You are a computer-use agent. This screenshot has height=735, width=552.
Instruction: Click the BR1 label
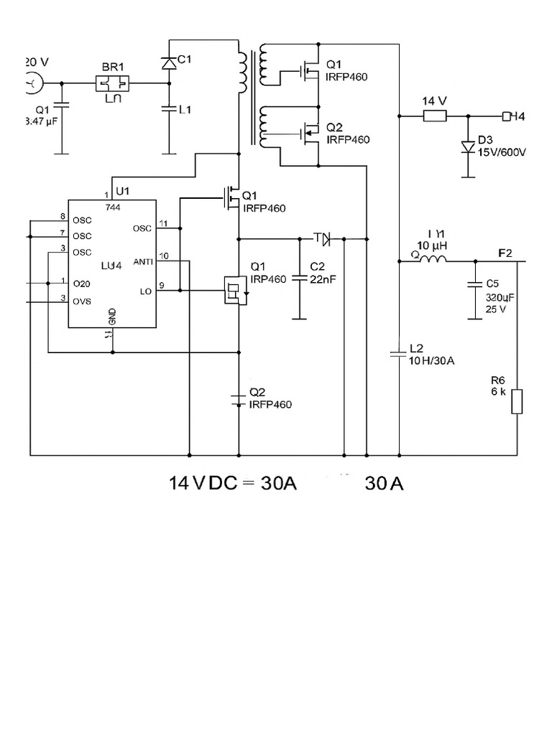(x=113, y=66)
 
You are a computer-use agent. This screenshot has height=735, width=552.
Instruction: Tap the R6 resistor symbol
(x=517, y=401)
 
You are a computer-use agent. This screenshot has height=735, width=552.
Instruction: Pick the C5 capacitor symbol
(x=474, y=284)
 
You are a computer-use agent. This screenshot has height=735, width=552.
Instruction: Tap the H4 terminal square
(x=506, y=116)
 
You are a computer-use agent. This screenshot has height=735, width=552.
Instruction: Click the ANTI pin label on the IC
(x=143, y=262)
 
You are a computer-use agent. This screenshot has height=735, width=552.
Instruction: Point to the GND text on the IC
(x=112, y=316)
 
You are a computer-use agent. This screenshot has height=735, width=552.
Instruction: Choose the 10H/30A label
(x=431, y=360)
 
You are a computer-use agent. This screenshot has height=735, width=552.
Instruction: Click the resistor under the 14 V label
(x=434, y=116)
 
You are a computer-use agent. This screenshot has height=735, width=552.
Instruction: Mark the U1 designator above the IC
(x=122, y=191)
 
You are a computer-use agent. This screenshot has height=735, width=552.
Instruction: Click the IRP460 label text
(x=268, y=278)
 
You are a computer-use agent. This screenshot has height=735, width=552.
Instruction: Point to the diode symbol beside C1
(x=169, y=63)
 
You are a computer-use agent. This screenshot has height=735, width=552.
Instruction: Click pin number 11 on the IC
(x=165, y=223)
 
